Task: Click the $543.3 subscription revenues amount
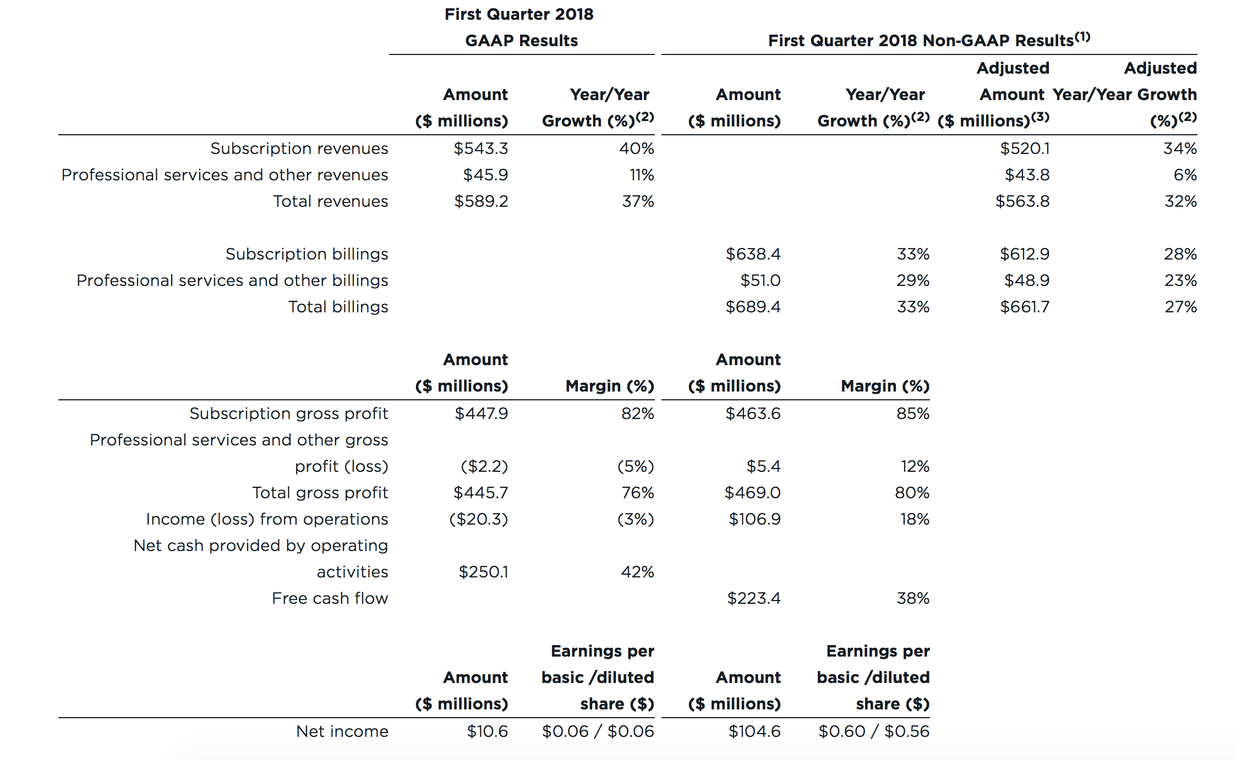[x=480, y=148]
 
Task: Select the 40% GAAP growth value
[x=636, y=148]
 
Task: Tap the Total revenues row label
[x=330, y=201]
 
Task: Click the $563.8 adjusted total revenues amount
[x=1022, y=201]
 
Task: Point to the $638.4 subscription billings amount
[x=752, y=254]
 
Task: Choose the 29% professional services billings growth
[x=912, y=280]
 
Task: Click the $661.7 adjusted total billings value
[x=1024, y=307]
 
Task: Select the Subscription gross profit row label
[x=288, y=414]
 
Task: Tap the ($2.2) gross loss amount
[x=484, y=466]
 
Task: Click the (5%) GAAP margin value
[x=635, y=466]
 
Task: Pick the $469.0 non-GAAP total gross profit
[x=752, y=493]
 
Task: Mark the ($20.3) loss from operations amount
[x=478, y=519]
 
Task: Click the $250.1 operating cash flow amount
[x=483, y=572]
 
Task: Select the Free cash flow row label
[x=330, y=598]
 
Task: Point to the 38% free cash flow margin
[x=912, y=598]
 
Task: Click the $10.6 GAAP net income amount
[x=487, y=731]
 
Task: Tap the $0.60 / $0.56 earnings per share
[x=873, y=731]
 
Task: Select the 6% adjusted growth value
[x=1185, y=175]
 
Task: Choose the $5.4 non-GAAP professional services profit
[x=763, y=466]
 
